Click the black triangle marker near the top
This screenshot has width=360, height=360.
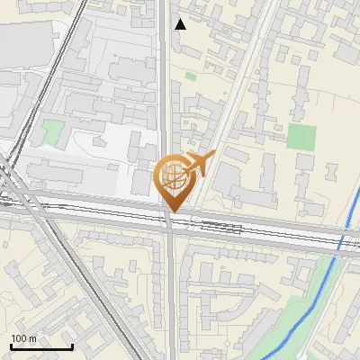coord(180,24)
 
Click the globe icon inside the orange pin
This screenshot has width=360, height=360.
coord(171,176)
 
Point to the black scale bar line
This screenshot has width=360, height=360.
coord(41,347)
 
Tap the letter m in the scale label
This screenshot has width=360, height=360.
coord(32,338)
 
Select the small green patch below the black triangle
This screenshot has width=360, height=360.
coord(191,76)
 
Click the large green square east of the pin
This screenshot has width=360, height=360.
coord(301,138)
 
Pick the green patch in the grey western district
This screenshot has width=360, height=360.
coord(52,132)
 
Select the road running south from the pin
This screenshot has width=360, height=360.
coord(171,288)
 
